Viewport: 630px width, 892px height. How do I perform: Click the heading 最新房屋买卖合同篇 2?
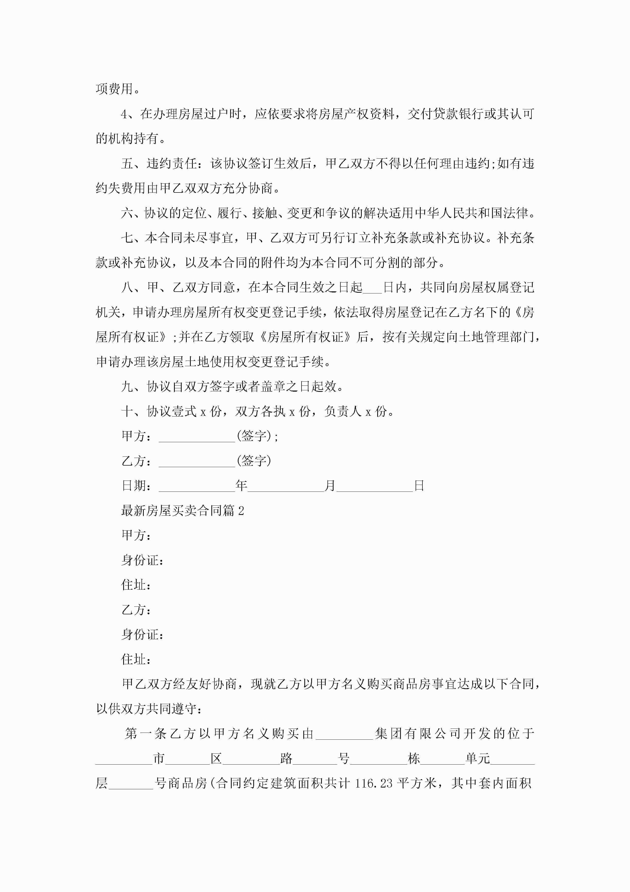click(182, 511)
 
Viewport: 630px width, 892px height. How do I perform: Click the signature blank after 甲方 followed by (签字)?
click(197, 437)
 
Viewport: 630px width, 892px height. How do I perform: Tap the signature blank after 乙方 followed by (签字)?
click(197, 462)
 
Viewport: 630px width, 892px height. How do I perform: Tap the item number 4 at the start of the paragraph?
click(124, 114)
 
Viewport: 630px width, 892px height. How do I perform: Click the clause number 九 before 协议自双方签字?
click(127, 386)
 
